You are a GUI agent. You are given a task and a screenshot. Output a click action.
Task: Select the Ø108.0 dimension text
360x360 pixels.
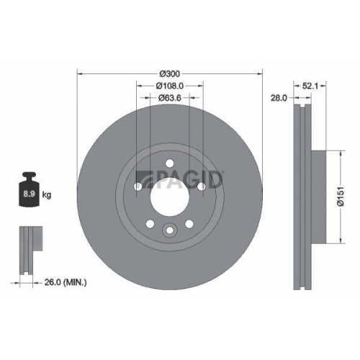click(169, 86)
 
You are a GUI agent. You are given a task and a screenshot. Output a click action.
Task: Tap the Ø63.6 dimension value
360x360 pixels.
click(169, 98)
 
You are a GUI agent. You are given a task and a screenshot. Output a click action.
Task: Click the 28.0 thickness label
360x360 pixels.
click(279, 98)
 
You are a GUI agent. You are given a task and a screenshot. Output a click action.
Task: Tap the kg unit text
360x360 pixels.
click(47, 195)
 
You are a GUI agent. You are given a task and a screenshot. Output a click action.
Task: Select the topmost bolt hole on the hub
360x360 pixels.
click(170, 162)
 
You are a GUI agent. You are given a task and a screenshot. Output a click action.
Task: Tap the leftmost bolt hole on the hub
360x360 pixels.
click(138, 186)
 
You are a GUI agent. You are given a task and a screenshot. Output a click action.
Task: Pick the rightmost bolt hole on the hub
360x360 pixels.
click(202, 186)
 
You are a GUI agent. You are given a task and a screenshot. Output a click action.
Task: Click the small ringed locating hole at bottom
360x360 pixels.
click(170, 230)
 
